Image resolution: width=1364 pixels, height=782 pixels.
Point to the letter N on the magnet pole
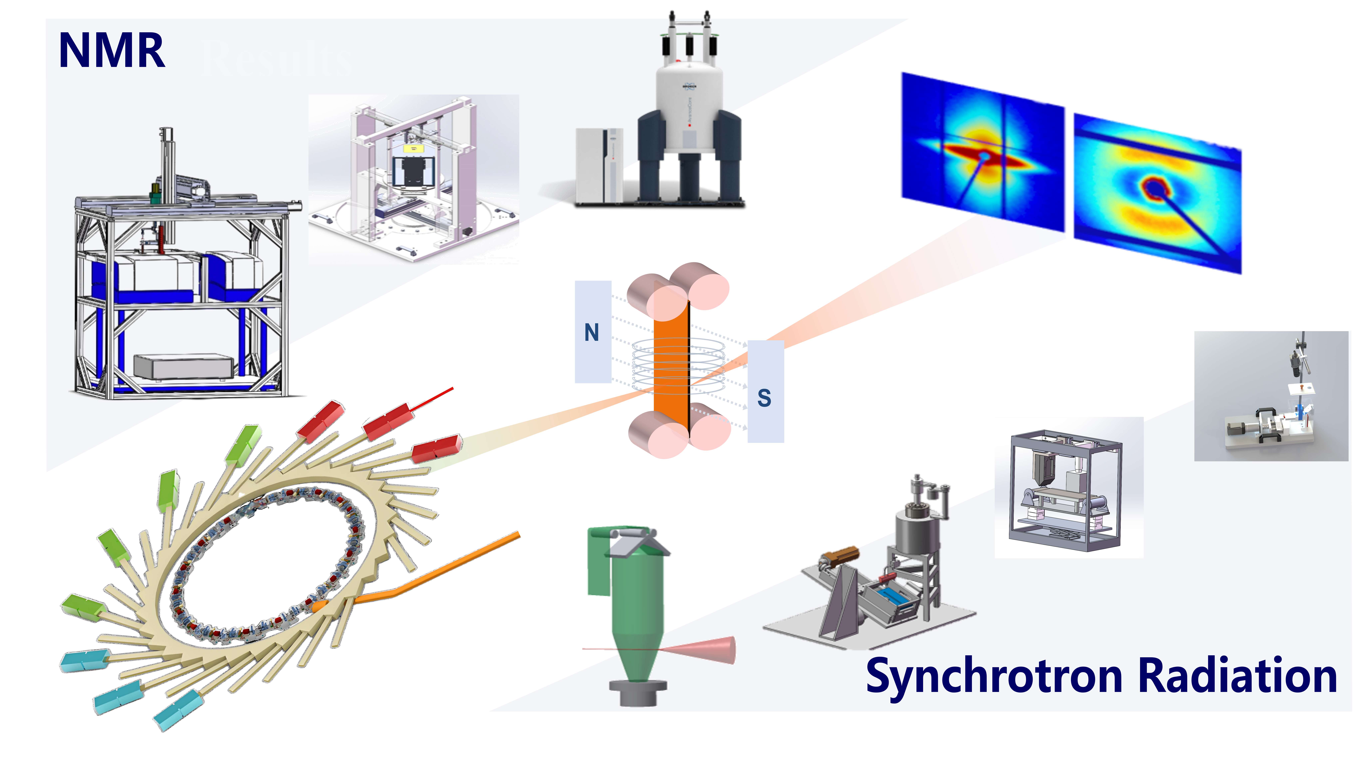pos(592,332)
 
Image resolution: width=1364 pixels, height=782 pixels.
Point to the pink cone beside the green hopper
pos(709,650)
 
